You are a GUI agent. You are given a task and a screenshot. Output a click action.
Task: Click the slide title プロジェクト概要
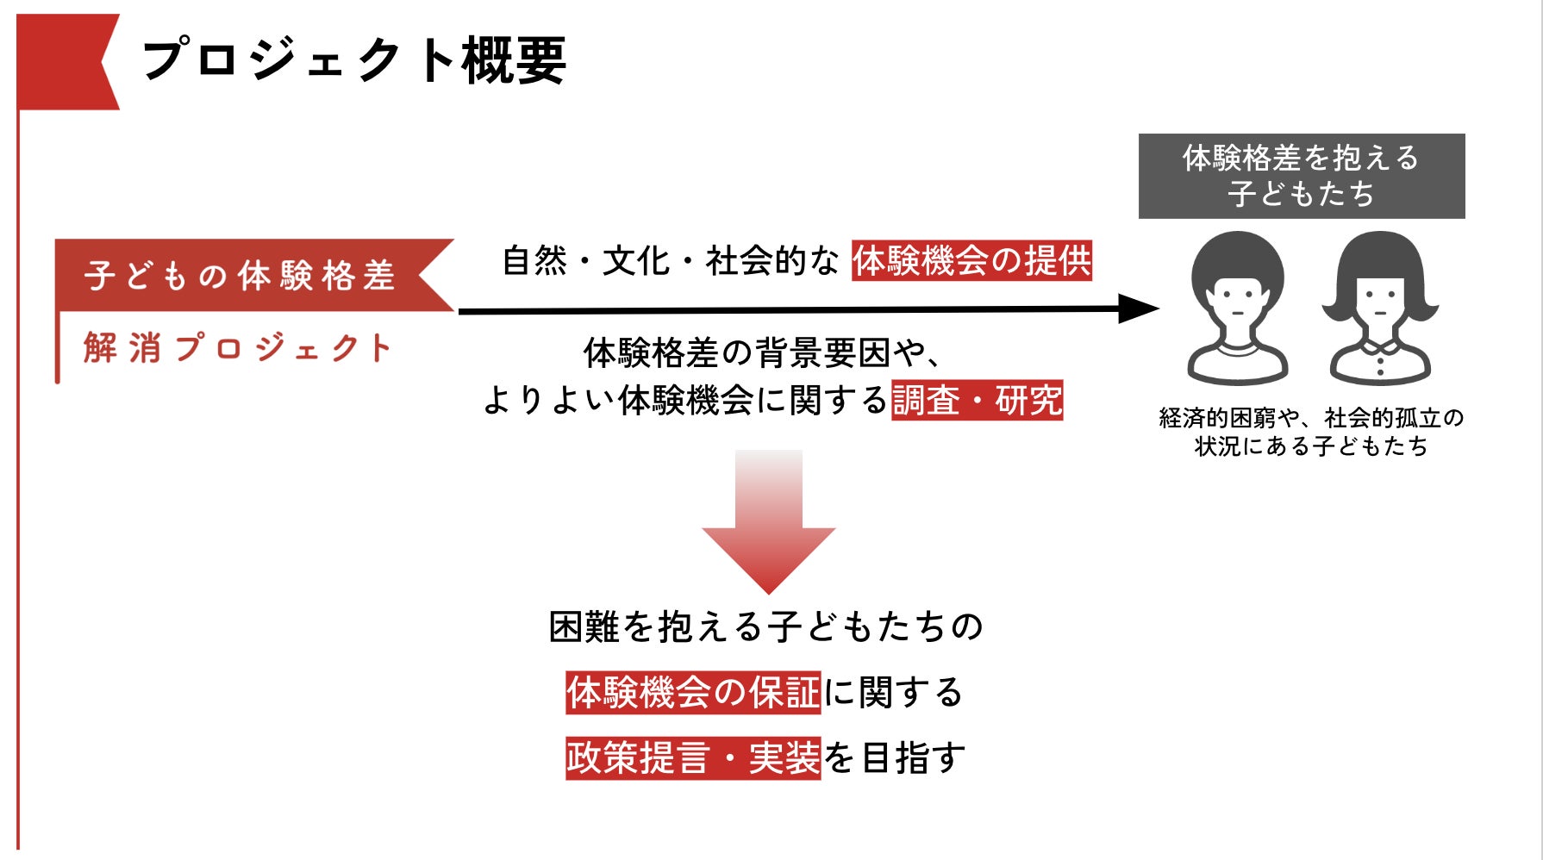(353, 60)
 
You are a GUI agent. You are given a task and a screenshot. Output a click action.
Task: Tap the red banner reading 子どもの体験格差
(241, 275)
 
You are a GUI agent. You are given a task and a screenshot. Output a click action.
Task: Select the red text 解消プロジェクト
(238, 348)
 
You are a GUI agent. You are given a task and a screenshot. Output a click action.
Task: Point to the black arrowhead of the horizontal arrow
(1138, 308)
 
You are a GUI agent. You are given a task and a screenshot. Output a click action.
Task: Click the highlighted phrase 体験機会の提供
(971, 260)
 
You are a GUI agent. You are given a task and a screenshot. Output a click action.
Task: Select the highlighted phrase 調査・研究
(977, 400)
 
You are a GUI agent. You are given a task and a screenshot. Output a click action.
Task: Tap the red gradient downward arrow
(768, 521)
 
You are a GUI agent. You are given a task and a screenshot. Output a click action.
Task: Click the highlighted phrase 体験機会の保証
(693, 692)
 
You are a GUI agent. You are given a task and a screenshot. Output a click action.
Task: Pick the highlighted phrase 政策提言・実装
(693, 758)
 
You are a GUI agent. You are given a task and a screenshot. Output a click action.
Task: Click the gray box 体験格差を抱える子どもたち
(1301, 176)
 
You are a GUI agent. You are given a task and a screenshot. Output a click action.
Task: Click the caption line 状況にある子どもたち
(1310, 446)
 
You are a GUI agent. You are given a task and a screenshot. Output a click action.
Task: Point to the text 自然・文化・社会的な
(670, 260)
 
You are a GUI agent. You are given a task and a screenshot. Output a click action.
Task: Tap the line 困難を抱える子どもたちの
(766, 626)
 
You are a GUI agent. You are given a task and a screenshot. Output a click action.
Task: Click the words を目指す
(894, 758)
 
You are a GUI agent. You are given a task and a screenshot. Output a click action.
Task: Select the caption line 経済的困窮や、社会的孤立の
(1311, 418)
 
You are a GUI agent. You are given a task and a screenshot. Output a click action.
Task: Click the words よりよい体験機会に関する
(685, 400)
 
